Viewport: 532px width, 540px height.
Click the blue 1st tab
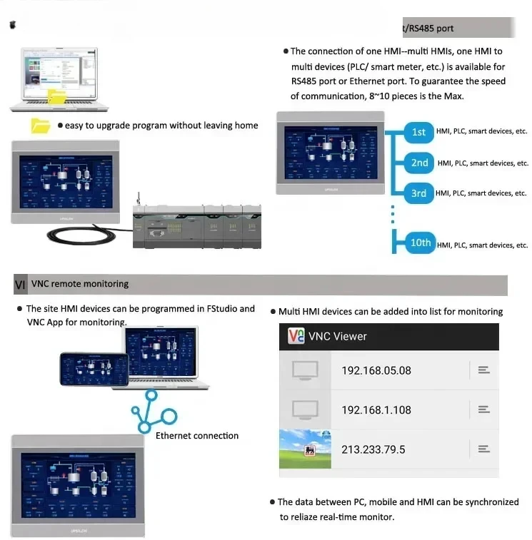(x=418, y=132)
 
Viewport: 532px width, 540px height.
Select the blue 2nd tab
(x=419, y=163)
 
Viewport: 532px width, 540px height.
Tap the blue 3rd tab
(x=418, y=193)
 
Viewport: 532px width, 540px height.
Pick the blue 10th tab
(x=420, y=243)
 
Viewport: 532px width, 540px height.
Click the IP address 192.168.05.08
(x=376, y=370)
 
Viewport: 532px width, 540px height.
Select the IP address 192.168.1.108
(x=376, y=409)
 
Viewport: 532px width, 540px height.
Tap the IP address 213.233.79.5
(x=373, y=449)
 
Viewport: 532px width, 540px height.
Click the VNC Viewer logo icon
(x=296, y=336)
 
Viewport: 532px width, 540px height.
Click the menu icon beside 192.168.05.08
(x=483, y=370)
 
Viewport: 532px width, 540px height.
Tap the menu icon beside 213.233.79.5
(x=483, y=449)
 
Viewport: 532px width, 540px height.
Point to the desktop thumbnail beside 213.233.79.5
(x=305, y=449)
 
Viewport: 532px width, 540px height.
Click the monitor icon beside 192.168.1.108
(x=305, y=409)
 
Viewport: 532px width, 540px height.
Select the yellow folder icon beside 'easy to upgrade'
(x=41, y=126)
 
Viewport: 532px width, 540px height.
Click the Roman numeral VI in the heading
(x=20, y=285)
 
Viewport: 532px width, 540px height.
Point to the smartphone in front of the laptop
(x=94, y=370)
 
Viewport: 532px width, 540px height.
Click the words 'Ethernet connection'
(x=197, y=436)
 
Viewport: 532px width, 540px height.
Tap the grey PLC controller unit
(x=196, y=225)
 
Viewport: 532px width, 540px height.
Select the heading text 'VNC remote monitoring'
(x=80, y=284)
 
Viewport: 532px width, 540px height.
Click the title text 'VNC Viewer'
(x=337, y=336)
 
